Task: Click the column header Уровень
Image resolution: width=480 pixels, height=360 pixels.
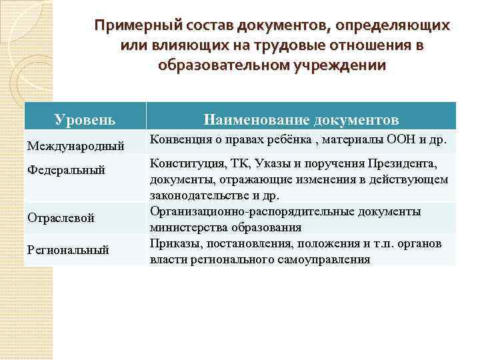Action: point(84,120)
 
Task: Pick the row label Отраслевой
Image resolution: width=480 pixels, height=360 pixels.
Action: point(61,218)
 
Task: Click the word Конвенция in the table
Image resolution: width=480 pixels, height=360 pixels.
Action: point(178,139)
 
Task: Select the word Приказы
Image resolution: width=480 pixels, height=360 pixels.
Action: point(173,243)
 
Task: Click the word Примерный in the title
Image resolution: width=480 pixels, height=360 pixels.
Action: point(131,26)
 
